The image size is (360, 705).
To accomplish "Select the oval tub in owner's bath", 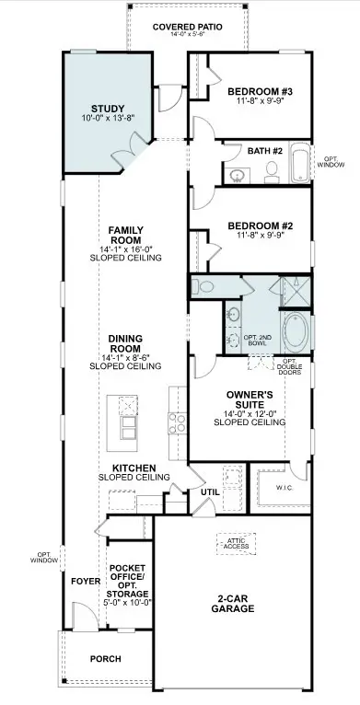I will (x=296, y=330).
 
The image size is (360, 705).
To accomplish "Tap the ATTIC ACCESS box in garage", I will (x=234, y=544).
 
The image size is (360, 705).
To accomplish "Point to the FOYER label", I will (x=85, y=582).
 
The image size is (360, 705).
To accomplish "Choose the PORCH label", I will (x=106, y=659).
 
